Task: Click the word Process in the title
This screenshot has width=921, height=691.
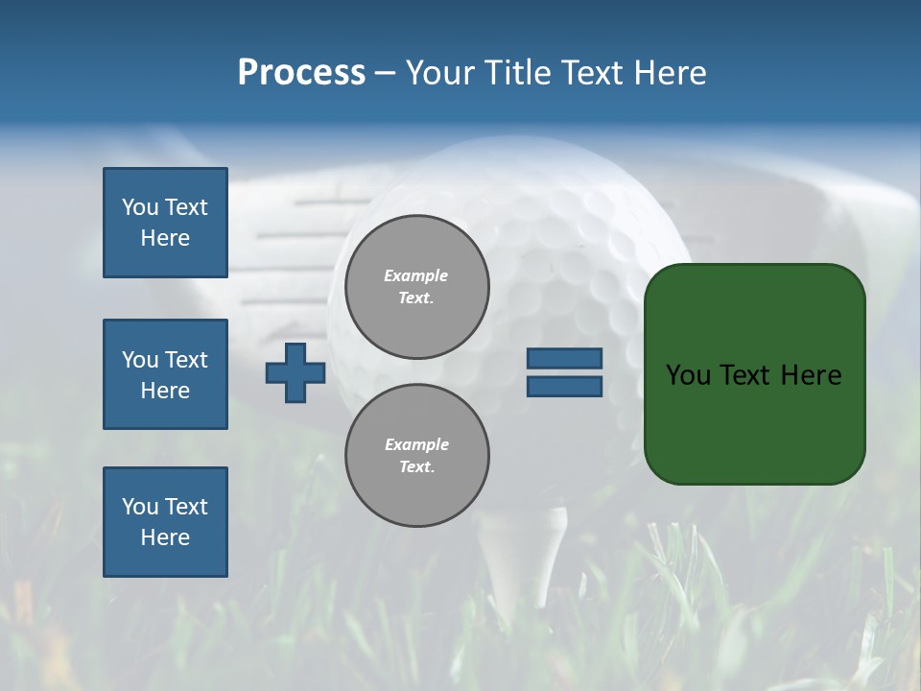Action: pos(301,72)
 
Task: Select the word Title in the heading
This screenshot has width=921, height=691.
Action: pos(512,72)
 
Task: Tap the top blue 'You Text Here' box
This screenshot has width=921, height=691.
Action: pos(165,223)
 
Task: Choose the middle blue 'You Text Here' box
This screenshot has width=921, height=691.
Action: pos(165,374)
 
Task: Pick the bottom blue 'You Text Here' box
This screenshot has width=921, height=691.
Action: pos(165,522)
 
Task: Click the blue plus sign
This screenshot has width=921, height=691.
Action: pos(295,372)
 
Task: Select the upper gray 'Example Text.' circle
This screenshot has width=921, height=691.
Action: pos(416,287)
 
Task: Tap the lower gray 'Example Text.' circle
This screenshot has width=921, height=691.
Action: pos(416,456)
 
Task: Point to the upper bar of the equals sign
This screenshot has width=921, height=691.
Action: pos(564,358)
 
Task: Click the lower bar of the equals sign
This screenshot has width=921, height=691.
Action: pos(564,386)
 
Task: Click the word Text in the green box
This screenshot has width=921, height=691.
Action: pos(745,374)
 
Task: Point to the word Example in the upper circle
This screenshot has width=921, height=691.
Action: pos(415,275)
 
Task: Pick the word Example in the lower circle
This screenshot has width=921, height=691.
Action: pos(416,444)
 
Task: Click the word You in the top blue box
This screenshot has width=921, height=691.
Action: pos(139,207)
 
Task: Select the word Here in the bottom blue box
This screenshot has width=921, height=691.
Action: pos(165,537)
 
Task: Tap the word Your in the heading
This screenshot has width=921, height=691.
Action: pos(442,72)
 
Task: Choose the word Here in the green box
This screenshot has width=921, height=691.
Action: pos(811,374)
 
